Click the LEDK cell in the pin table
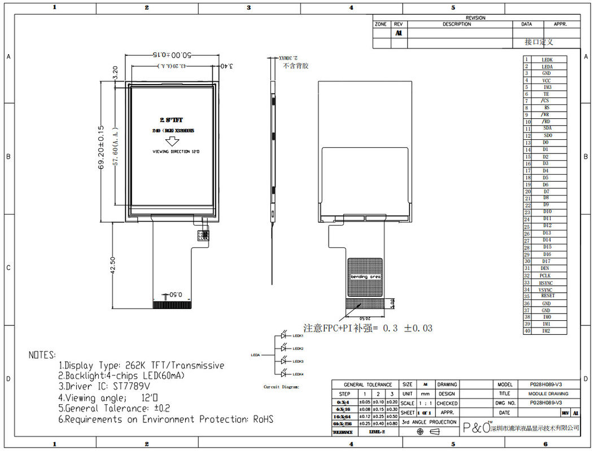[x=547, y=60]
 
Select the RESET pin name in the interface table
[x=547, y=296]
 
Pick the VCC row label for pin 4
[x=547, y=81]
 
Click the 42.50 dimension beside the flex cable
[x=113, y=266]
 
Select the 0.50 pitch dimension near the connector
[x=176, y=295]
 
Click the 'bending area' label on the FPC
[x=365, y=277]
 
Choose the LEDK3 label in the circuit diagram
[x=298, y=361]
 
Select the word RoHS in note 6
[x=261, y=419]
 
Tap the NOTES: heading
[x=42, y=355]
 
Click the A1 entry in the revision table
[x=398, y=33]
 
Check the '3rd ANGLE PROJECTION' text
[x=429, y=422]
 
